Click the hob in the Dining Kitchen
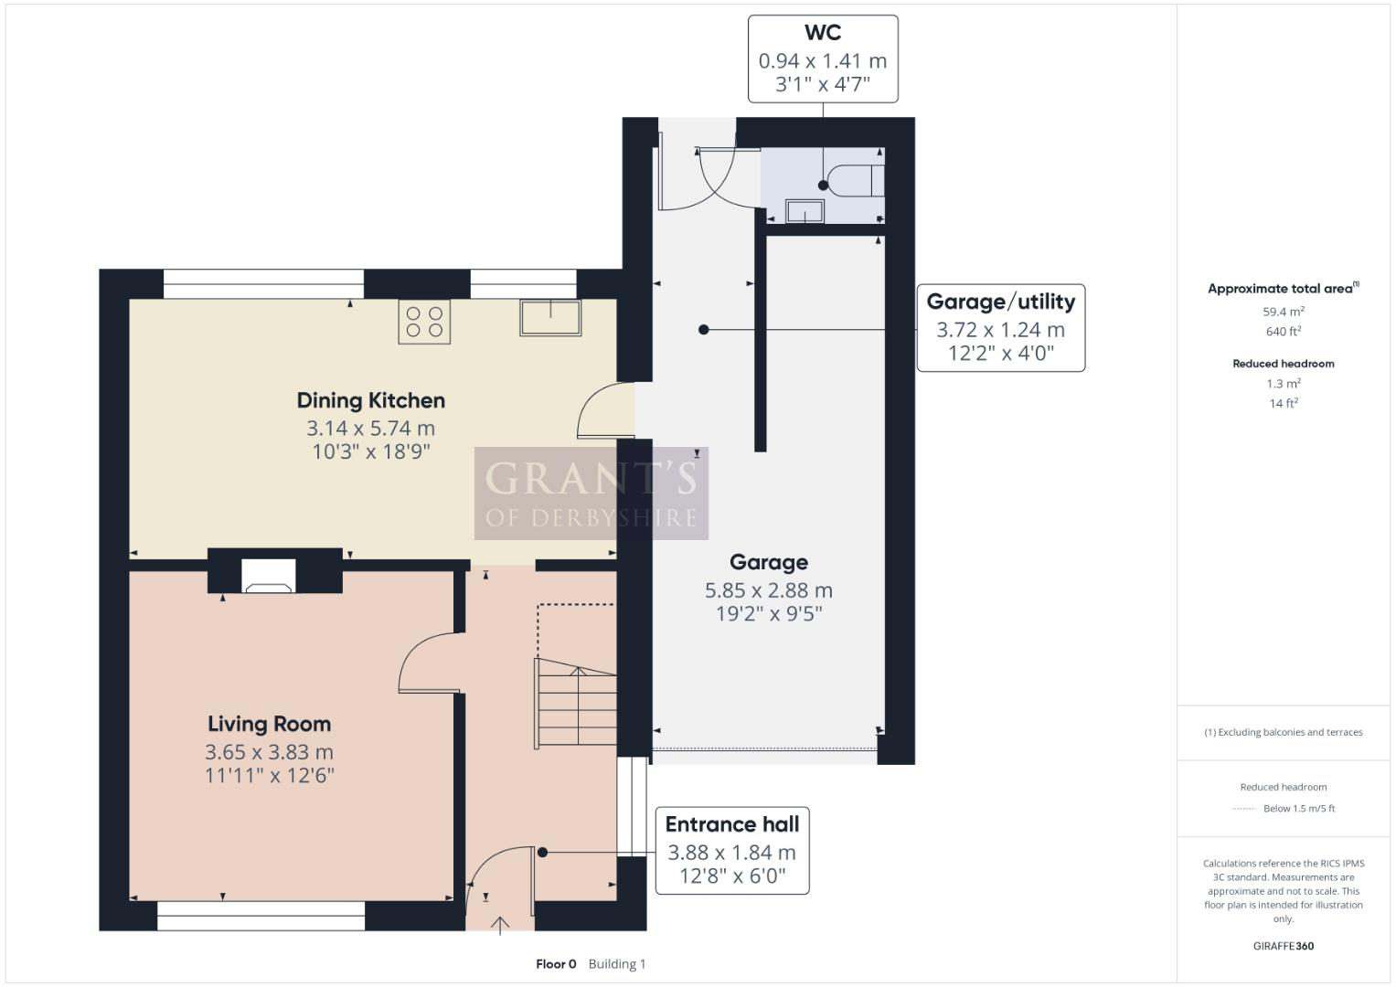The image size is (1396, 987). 424,322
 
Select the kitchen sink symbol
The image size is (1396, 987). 550,317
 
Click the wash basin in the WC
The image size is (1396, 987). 804,211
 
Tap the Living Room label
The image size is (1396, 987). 269,724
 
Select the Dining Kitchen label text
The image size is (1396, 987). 370,400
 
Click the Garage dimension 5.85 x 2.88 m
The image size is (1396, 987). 768,590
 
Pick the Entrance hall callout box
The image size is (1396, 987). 732,851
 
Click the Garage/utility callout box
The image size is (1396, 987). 1000,328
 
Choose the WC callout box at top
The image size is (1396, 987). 822,59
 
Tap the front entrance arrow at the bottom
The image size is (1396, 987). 500,925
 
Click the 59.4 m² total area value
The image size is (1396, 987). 1283,312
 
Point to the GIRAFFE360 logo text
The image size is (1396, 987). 1283,946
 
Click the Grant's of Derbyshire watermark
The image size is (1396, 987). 591,493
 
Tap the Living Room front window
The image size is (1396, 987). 261,916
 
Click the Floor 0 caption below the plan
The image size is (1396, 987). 556,964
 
